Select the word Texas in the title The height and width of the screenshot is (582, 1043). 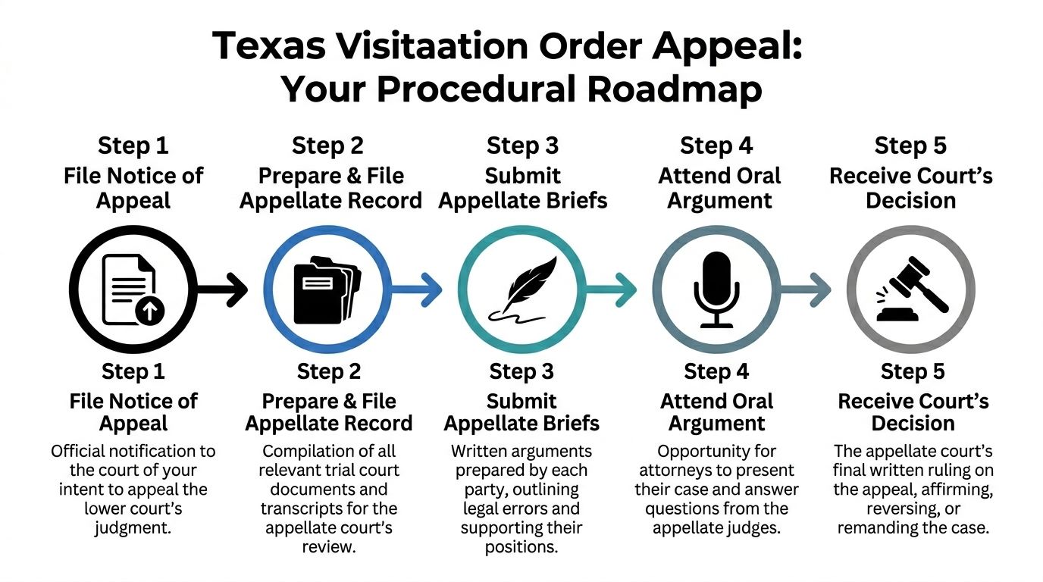coord(268,45)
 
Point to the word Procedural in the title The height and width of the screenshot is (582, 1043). coord(477,89)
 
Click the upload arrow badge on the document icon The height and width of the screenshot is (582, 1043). coord(149,310)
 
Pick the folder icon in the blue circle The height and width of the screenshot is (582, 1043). coord(327,289)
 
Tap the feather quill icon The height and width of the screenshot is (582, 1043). coord(523,289)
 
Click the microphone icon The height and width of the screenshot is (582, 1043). coord(716,289)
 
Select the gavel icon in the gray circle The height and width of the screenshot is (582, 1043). coord(912,289)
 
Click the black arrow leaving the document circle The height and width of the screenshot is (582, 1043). coord(222,289)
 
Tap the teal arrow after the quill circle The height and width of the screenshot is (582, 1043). coord(611,289)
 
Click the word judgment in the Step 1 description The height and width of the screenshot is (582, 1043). coord(133,528)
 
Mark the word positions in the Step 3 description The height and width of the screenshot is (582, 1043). coord(521,547)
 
